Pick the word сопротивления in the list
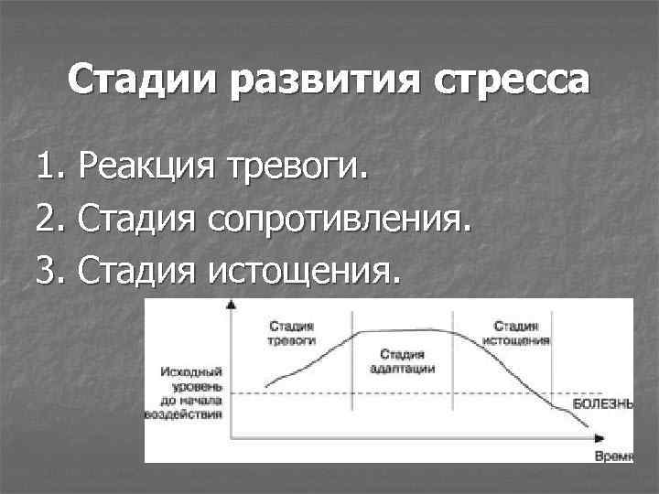pyautogui.click(x=340, y=220)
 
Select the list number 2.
pyautogui.click(x=48, y=219)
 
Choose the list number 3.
pyautogui.click(x=48, y=270)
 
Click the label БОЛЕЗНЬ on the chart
pyautogui.click(x=602, y=403)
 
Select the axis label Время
pyautogui.click(x=612, y=455)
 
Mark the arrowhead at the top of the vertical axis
pyautogui.click(x=229, y=308)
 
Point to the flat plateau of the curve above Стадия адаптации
pyautogui.click(x=407, y=331)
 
